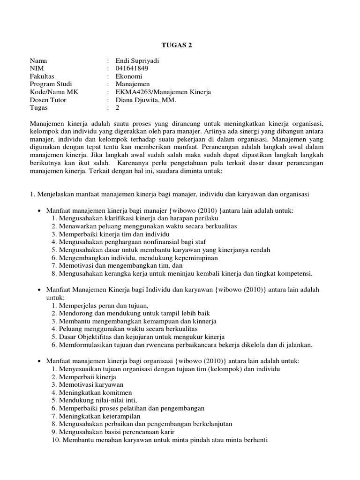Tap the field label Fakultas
tap(42, 76)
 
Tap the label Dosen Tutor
tap(48, 100)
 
